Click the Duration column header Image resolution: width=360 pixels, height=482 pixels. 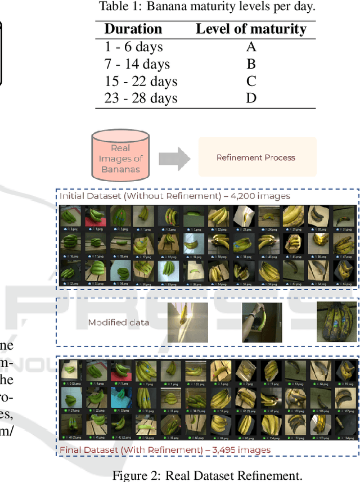tap(133, 29)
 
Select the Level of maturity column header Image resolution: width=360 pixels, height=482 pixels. tap(251, 29)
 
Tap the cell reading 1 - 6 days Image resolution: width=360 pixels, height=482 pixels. tap(133, 47)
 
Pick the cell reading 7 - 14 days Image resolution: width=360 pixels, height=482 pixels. tap(137, 64)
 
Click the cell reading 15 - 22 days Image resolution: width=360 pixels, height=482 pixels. tap(141, 81)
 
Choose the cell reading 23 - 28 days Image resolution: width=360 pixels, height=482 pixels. tap(141, 98)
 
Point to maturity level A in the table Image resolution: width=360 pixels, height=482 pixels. tap(251, 47)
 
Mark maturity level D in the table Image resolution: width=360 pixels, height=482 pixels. tap(251, 98)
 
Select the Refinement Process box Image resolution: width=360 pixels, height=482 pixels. tap(256, 157)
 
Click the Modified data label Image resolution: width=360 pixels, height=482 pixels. tap(118, 322)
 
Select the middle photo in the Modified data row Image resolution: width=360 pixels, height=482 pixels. tap(262, 322)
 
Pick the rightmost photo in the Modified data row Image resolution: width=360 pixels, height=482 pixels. tap(336, 322)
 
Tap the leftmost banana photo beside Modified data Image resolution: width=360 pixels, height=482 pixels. tap(187, 322)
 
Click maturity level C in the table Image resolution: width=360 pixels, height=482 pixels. tap(251, 81)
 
